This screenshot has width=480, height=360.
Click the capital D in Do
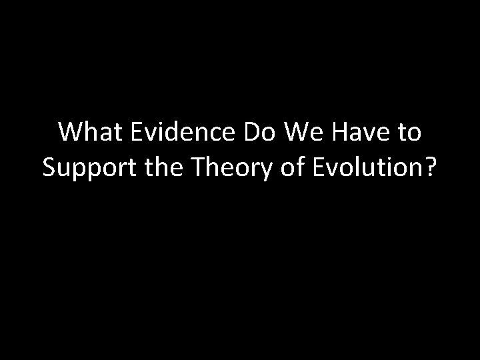tap(251, 133)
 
